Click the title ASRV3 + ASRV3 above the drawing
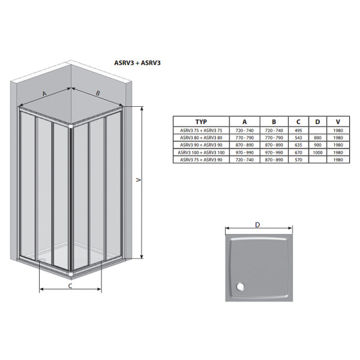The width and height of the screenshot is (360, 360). pos(137,63)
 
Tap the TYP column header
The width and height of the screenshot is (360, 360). pos(201,122)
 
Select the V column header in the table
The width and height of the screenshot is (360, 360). pos(338,122)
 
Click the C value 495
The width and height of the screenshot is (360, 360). pos(298,130)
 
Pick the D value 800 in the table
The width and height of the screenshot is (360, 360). pos(317,138)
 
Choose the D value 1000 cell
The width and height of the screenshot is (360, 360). pos(317,152)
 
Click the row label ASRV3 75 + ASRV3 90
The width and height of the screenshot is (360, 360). pos(201,160)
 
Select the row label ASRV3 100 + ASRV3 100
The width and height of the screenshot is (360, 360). pos(201,152)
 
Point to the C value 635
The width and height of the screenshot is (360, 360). pos(298,145)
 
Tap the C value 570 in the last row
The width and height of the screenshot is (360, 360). pos(298,160)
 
